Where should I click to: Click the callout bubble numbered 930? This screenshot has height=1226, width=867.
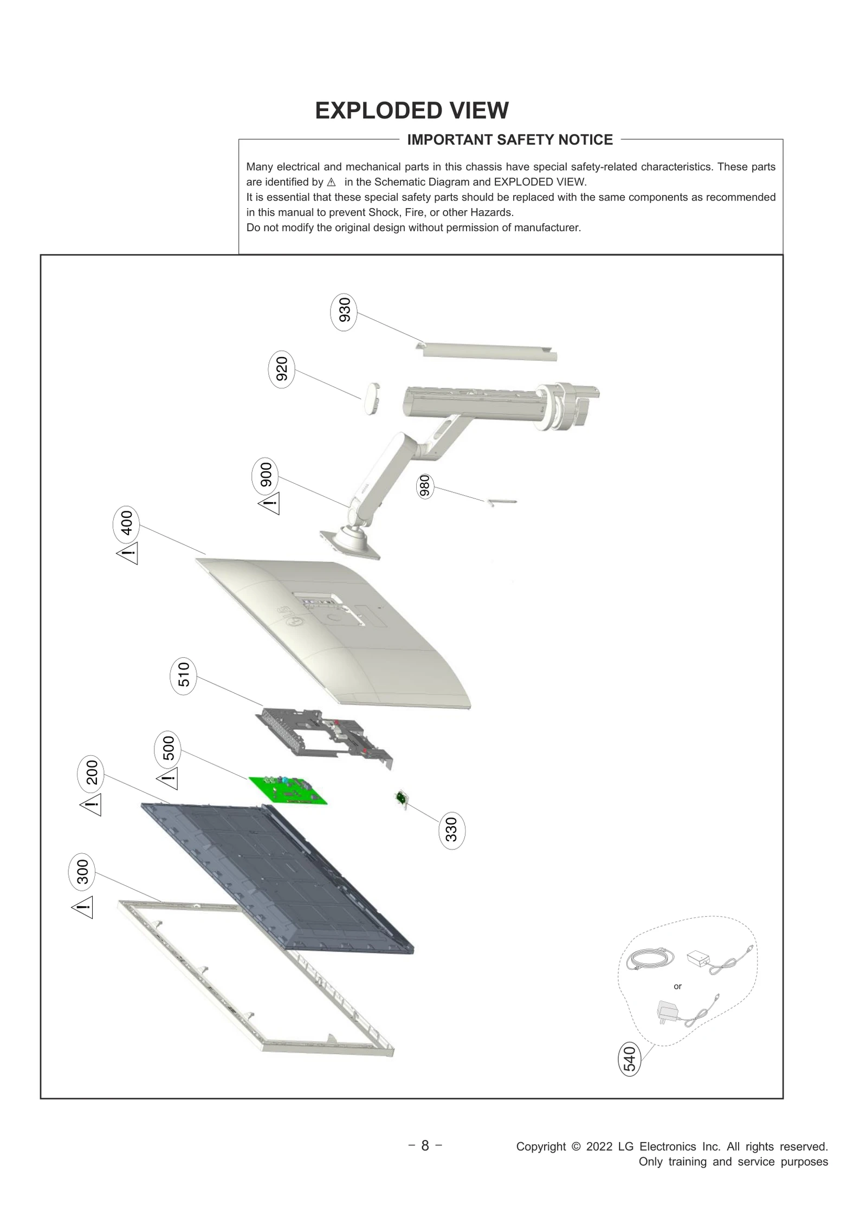[x=344, y=313]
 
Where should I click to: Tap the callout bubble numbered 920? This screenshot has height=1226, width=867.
[x=281, y=369]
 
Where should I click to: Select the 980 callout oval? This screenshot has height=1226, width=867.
[x=425, y=485]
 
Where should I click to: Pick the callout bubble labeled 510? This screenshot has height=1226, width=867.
[x=184, y=674]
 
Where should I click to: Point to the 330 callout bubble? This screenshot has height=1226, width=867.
[x=451, y=830]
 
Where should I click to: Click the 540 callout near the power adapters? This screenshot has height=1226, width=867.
[x=629, y=1059]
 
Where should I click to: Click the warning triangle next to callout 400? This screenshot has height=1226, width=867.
[x=128, y=553]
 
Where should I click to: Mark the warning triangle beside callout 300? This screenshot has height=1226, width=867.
[x=83, y=907]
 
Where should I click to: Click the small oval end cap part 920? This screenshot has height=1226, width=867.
[x=370, y=398]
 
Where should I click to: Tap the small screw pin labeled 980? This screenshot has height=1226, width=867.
[x=502, y=502]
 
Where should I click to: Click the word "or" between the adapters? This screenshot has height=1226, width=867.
[x=677, y=987]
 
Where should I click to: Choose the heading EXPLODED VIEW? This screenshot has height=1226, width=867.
[x=412, y=111]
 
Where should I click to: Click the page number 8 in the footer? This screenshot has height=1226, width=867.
[x=425, y=1145]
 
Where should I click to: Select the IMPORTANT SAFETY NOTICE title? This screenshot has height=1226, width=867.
[x=510, y=140]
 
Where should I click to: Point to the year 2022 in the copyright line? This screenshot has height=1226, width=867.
[x=599, y=1146]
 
